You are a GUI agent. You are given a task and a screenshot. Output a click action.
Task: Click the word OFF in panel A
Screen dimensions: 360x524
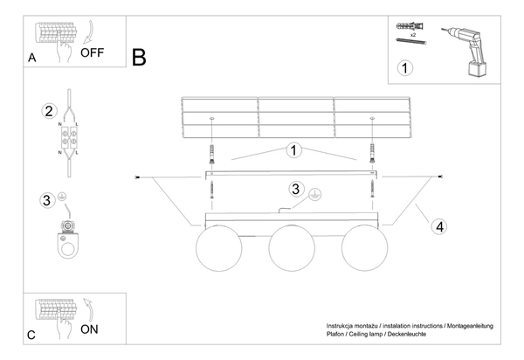92,52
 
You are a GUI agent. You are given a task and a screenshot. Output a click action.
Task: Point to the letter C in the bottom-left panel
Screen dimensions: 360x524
31,335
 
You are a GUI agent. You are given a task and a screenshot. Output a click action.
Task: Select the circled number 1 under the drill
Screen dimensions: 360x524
403,66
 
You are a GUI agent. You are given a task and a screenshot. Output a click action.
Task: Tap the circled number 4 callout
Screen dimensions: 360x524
440,226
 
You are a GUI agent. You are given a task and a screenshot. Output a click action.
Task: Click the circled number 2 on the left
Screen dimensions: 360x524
49,111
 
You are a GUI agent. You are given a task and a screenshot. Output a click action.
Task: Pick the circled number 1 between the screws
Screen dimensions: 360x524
294,150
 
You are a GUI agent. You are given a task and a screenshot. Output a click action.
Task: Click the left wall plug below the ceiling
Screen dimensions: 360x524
211,154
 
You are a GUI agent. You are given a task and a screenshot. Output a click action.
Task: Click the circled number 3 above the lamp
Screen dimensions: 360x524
296,189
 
